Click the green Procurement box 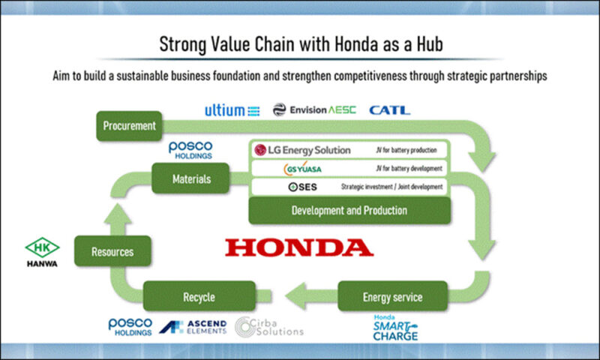click(x=129, y=126)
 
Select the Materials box click(x=191, y=178)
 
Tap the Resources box click(x=112, y=251)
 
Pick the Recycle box click(x=199, y=296)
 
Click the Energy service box click(x=392, y=296)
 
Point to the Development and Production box click(x=349, y=211)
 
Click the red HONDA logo click(x=299, y=247)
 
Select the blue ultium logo click(x=232, y=110)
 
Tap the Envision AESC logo click(x=314, y=109)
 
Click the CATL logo click(x=389, y=110)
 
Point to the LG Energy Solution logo click(x=302, y=150)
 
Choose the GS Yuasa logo click(x=303, y=168)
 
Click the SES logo click(x=303, y=187)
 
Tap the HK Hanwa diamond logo click(x=42, y=252)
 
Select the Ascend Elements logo click(x=193, y=327)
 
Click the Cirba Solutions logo click(x=269, y=327)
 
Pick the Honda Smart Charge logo click(x=395, y=328)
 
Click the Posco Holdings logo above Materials click(x=190, y=150)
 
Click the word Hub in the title click(x=430, y=44)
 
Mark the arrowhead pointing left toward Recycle click(x=295, y=296)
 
